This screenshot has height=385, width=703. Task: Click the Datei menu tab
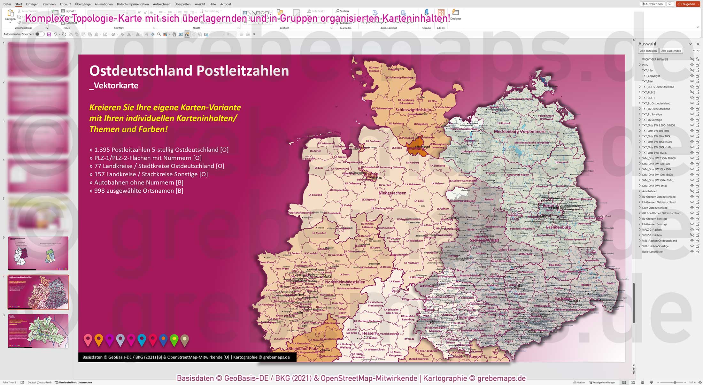[7, 4]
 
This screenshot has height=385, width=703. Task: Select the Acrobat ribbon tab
[226, 4]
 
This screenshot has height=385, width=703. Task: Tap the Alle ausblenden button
[671, 51]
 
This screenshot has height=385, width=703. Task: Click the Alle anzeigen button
[648, 51]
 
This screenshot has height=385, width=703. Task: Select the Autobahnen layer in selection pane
[650, 191]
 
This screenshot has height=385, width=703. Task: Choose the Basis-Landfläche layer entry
[652, 252]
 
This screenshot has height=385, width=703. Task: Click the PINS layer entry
[645, 65]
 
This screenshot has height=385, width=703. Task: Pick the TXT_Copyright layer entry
[651, 76]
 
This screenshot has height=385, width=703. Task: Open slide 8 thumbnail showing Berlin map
[38, 331]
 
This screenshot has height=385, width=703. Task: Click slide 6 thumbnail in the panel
[38, 253]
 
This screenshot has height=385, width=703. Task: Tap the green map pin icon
[174, 340]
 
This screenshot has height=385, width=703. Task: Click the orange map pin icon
[99, 340]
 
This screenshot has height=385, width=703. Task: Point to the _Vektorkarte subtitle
[114, 86]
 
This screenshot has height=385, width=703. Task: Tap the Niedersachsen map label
[392, 193]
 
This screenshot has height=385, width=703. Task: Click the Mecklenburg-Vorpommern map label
[520, 132]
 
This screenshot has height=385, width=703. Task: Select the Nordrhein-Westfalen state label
[345, 282]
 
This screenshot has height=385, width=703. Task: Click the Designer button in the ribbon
[456, 15]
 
